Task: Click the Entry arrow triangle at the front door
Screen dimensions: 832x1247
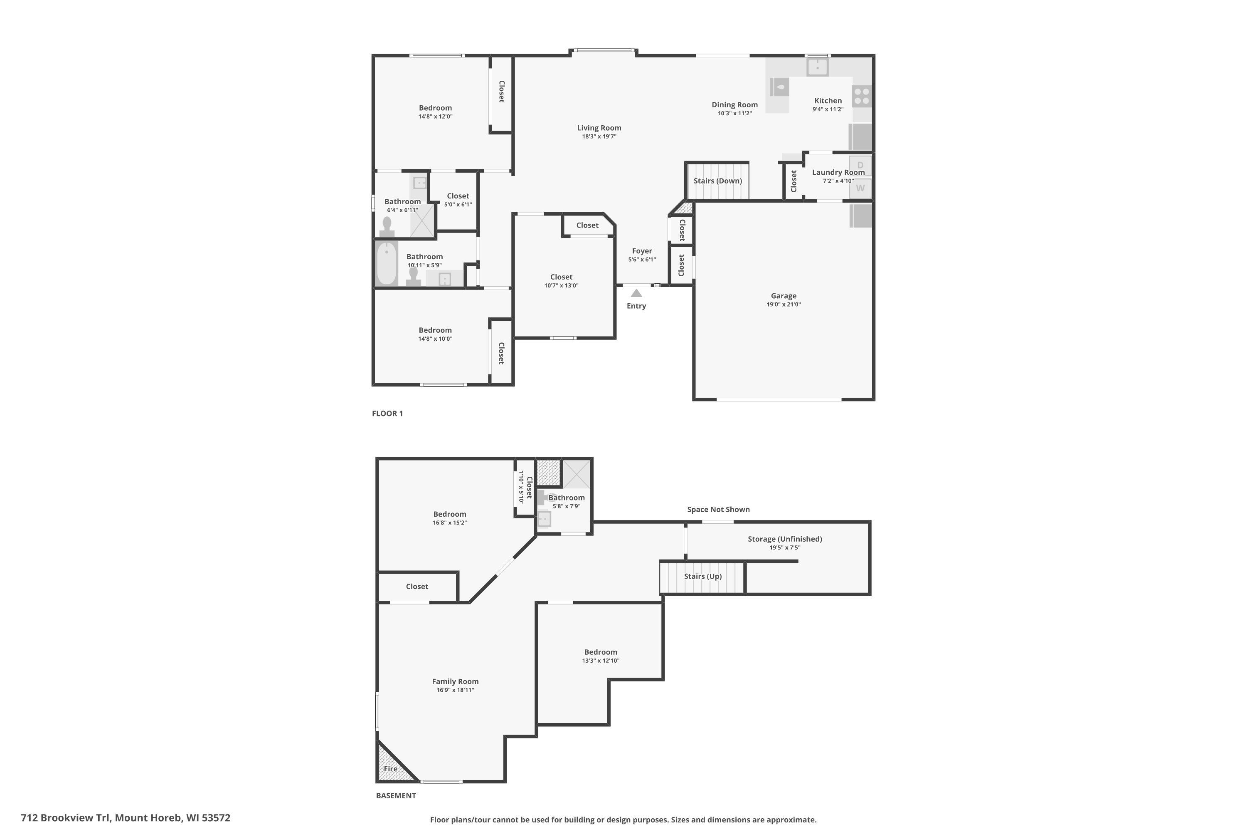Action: point(636,293)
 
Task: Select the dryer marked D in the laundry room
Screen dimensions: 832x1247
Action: point(860,165)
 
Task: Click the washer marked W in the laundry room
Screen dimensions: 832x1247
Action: point(860,188)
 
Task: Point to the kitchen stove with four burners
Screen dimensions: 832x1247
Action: point(862,97)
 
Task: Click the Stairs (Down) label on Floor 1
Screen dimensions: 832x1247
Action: point(717,181)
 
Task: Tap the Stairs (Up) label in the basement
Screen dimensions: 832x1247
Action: point(702,576)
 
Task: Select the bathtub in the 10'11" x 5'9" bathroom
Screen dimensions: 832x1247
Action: point(387,263)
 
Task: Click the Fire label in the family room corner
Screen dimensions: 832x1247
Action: point(391,769)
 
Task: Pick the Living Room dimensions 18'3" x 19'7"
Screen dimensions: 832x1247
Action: point(599,136)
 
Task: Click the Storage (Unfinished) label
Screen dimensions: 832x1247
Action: point(785,539)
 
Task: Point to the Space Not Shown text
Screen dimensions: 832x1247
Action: point(718,509)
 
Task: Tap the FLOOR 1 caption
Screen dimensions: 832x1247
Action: point(387,414)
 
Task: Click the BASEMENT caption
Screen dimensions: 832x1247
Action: point(396,795)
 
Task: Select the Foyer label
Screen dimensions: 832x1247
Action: point(641,251)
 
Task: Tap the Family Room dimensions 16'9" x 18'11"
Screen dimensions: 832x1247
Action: point(455,690)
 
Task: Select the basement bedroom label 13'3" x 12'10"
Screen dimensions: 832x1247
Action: point(600,661)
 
